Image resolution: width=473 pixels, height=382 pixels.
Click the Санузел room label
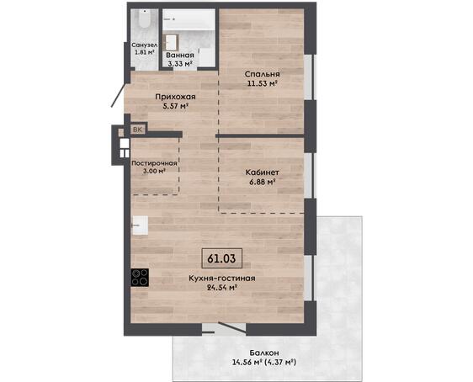(x=144, y=45)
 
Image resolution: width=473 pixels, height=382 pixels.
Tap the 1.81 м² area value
(x=144, y=52)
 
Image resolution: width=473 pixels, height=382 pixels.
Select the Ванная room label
(x=180, y=56)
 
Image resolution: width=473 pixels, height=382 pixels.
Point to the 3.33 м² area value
(x=180, y=64)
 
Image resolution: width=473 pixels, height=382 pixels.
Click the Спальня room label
(x=262, y=74)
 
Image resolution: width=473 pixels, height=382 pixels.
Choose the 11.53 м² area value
(x=262, y=83)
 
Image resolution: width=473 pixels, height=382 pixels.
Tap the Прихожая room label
(x=175, y=97)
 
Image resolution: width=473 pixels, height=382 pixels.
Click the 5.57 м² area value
(x=175, y=106)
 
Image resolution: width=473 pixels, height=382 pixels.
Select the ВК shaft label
(x=137, y=130)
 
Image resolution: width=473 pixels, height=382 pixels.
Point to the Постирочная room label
(x=154, y=163)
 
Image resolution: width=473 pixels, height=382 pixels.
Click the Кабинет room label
(x=262, y=172)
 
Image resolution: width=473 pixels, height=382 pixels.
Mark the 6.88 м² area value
(x=262, y=182)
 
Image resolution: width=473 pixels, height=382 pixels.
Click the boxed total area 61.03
(x=221, y=258)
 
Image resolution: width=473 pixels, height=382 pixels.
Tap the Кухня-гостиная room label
(x=222, y=279)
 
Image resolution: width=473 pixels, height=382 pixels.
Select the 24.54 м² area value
(x=221, y=288)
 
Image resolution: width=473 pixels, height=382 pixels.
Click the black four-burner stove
(x=140, y=278)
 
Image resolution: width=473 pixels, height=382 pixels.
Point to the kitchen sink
(x=141, y=225)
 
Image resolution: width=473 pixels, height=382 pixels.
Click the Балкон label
(x=264, y=353)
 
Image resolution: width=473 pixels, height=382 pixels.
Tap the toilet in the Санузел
(x=145, y=19)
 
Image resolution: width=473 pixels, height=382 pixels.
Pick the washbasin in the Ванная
(x=171, y=43)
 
